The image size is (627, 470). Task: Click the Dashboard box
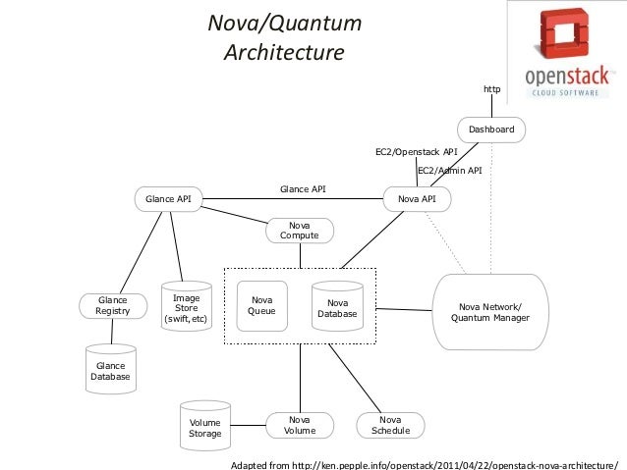pyautogui.click(x=491, y=130)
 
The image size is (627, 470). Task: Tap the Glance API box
pyautogui.click(x=168, y=199)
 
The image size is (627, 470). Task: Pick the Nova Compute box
pyautogui.click(x=300, y=231)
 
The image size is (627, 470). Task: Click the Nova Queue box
pyautogui.click(x=261, y=306)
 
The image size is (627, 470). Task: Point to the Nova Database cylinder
pyautogui.click(x=338, y=307)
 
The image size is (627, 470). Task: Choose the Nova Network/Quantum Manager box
pyautogui.click(x=490, y=312)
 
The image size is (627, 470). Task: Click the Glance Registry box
pyautogui.click(x=113, y=306)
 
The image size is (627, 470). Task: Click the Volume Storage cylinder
pyautogui.click(x=205, y=427)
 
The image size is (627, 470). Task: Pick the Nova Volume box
pyautogui.click(x=300, y=425)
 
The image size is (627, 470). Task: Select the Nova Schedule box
pyautogui.click(x=390, y=425)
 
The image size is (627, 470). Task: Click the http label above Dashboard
pyautogui.click(x=491, y=89)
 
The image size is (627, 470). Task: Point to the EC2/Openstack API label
pyautogui.click(x=417, y=152)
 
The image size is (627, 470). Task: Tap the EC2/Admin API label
pyautogui.click(x=450, y=171)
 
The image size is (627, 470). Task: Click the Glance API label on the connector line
pyautogui.click(x=303, y=188)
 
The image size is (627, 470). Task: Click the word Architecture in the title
pyautogui.click(x=284, y=50)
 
